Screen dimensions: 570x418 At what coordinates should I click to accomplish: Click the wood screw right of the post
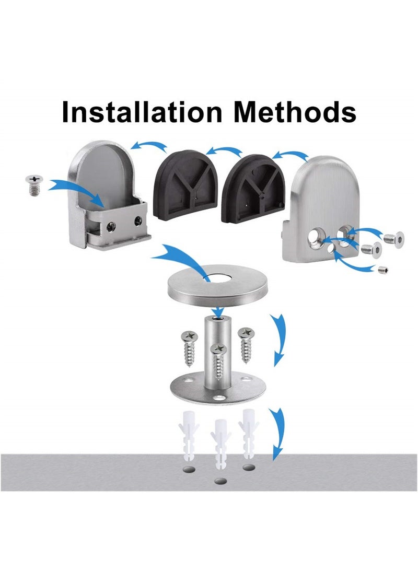245,342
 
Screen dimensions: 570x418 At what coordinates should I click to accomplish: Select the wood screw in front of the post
218,363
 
